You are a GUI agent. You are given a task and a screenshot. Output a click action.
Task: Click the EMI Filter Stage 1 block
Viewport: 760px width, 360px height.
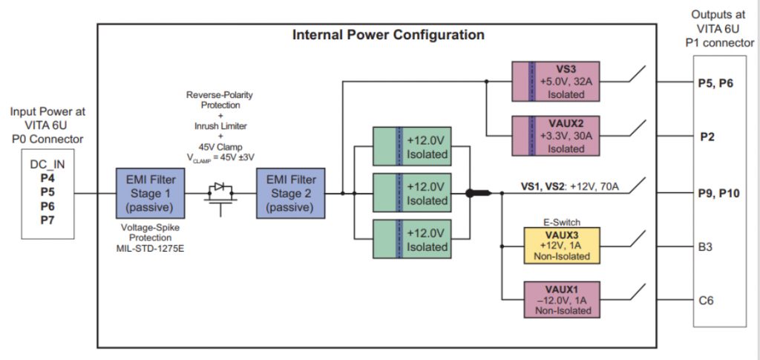click(x=146, y=193)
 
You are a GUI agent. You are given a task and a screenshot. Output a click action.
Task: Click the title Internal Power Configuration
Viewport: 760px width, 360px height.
click(x=388, y=35)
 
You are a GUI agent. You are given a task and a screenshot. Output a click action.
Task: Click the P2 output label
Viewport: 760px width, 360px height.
click(x=708, y=137)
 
